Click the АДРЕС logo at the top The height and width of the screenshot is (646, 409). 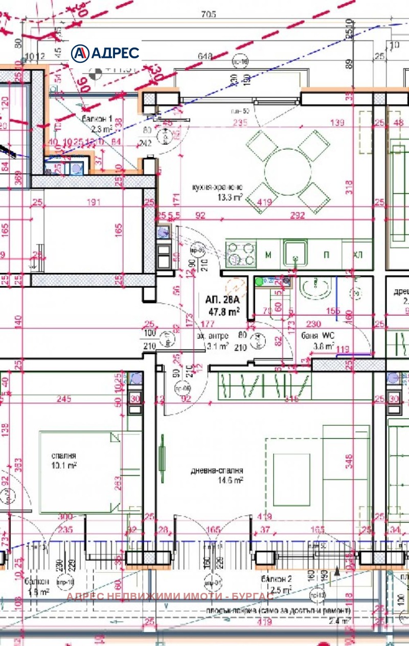click(105, 53)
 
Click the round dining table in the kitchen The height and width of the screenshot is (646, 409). click(288, 169)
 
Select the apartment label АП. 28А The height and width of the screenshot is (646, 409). click(222, 300)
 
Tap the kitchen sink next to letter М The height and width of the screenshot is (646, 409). click(295, 253)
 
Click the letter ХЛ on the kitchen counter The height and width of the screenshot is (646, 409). click(358, 254)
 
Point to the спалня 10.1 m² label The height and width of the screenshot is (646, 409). click(63, 459)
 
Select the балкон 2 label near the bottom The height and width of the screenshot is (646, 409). click(277, 584)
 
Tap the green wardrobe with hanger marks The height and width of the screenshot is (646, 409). click(264, 387)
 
